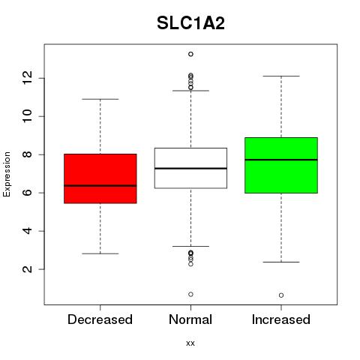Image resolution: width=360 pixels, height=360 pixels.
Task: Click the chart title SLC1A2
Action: pyautogui.click(x=190, y=23)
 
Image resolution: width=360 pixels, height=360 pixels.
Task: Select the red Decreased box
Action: pyautogui.click(x=100, y=178)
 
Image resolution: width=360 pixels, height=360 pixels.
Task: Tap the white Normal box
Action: pyautogui.click(x=190, y=168)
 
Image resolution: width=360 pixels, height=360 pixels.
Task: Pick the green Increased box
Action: pyautogui.click(x=281, y=165)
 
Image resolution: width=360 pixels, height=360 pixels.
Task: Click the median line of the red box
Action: pyautogui.click(x=100, y=186)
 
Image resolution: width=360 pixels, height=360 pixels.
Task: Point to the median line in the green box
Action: pyautogui.click(x=281, y=160)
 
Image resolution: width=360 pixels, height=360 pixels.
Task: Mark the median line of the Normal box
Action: pyautogui.click(x=190, y=168)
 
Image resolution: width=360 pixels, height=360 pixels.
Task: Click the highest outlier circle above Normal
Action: pyautogui.click(x=190, y=54)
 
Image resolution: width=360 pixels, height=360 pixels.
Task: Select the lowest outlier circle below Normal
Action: pyautogui.click(x=190, y=294)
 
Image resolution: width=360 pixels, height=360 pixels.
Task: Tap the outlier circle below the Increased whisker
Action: pyautogui.click(x=281, y=295)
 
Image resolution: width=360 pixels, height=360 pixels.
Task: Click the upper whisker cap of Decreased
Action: pyautogui.click(x=100, y=99)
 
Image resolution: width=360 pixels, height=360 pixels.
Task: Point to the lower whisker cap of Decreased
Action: pyautogui.click(x=100, y=253)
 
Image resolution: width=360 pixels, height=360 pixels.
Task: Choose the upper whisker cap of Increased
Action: pyautogui.click(x=281, y=76)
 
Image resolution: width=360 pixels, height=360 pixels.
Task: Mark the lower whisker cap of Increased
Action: pyautogui.click(x=281, y=262)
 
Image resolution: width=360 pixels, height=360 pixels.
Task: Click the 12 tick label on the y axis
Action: pyautogui.click(x=27, y=78)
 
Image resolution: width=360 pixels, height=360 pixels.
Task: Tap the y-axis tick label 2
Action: pyautogui.click(x=27, y=269)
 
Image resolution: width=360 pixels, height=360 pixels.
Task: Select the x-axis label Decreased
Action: pyautogui.click(x=100, y=319)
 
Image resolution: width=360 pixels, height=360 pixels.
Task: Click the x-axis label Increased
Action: pyautogui.click(x=281, y=319)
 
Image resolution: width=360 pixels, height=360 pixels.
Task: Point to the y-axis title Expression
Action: pyautogui.click(x=7, y=174)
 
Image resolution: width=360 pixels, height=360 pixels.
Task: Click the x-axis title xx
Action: pyautogui.click(x=190, y=343)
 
